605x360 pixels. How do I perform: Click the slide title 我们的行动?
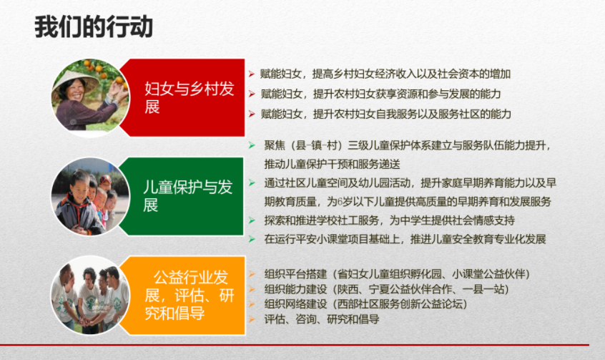94,27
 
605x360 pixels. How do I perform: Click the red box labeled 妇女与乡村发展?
183,98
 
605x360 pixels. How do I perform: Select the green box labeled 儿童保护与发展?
182,196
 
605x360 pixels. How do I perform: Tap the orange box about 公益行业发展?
183,295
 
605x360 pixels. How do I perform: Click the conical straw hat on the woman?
77,80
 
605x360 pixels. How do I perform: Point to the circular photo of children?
90,196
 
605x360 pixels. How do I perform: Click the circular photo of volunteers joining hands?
90,295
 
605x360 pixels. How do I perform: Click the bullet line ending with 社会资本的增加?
385,74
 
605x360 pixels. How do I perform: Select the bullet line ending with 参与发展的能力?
380,94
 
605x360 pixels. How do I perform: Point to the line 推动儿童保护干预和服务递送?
333,164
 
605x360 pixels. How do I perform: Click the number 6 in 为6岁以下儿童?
340,202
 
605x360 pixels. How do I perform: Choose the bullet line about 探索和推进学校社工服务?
389,220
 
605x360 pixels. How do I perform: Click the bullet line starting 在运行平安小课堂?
405,239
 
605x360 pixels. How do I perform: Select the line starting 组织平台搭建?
398,274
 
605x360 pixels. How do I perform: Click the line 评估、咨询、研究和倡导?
322,319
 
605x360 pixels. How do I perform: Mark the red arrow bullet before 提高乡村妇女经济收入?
252,74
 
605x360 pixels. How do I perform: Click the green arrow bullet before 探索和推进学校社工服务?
252,220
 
